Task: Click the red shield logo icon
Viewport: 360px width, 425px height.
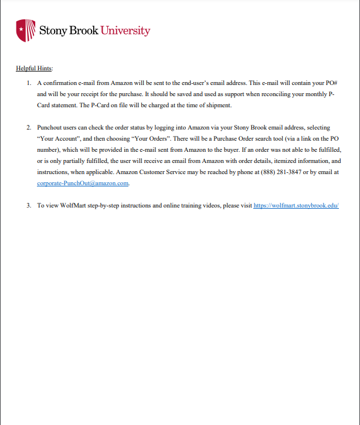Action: (x=22, y=30)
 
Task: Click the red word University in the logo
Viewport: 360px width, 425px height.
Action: (x=125, y=30)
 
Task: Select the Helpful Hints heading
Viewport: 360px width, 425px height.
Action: (x=34, y=69)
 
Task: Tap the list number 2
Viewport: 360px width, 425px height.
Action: (x=28, y=128)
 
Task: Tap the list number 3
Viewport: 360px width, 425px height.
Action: (x=28, y=206)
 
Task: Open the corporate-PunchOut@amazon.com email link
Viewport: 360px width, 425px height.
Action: (x=83, y=183)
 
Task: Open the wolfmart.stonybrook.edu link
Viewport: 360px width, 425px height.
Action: (x=297, y=206)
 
